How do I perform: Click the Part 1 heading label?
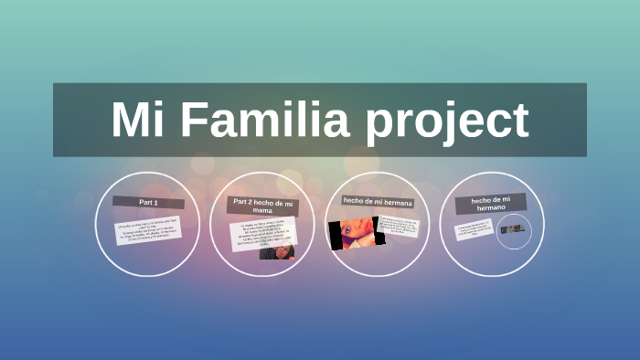point(149,201)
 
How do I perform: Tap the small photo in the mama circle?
point(277,252)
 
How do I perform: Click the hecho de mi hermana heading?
point(378,200)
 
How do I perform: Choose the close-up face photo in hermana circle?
point(352,232)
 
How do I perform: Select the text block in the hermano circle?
point(475,228)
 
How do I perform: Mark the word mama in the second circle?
point(263,210)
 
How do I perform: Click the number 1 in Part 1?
point(156,201)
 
